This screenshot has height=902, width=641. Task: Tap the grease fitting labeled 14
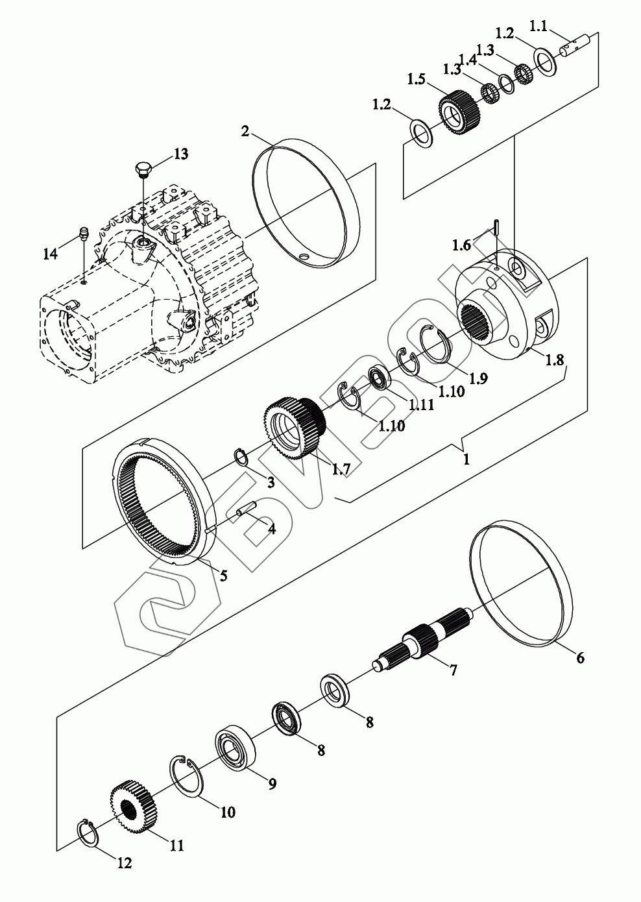[x=82, y=234]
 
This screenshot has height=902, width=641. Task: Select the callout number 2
[x=245, y=131]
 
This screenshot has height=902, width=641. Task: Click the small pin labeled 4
[x=248, y=511]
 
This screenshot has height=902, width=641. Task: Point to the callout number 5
[x=223, y=575]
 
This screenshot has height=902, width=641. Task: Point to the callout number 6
[x=579, y=657]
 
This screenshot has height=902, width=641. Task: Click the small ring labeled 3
[x=239, y=456]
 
